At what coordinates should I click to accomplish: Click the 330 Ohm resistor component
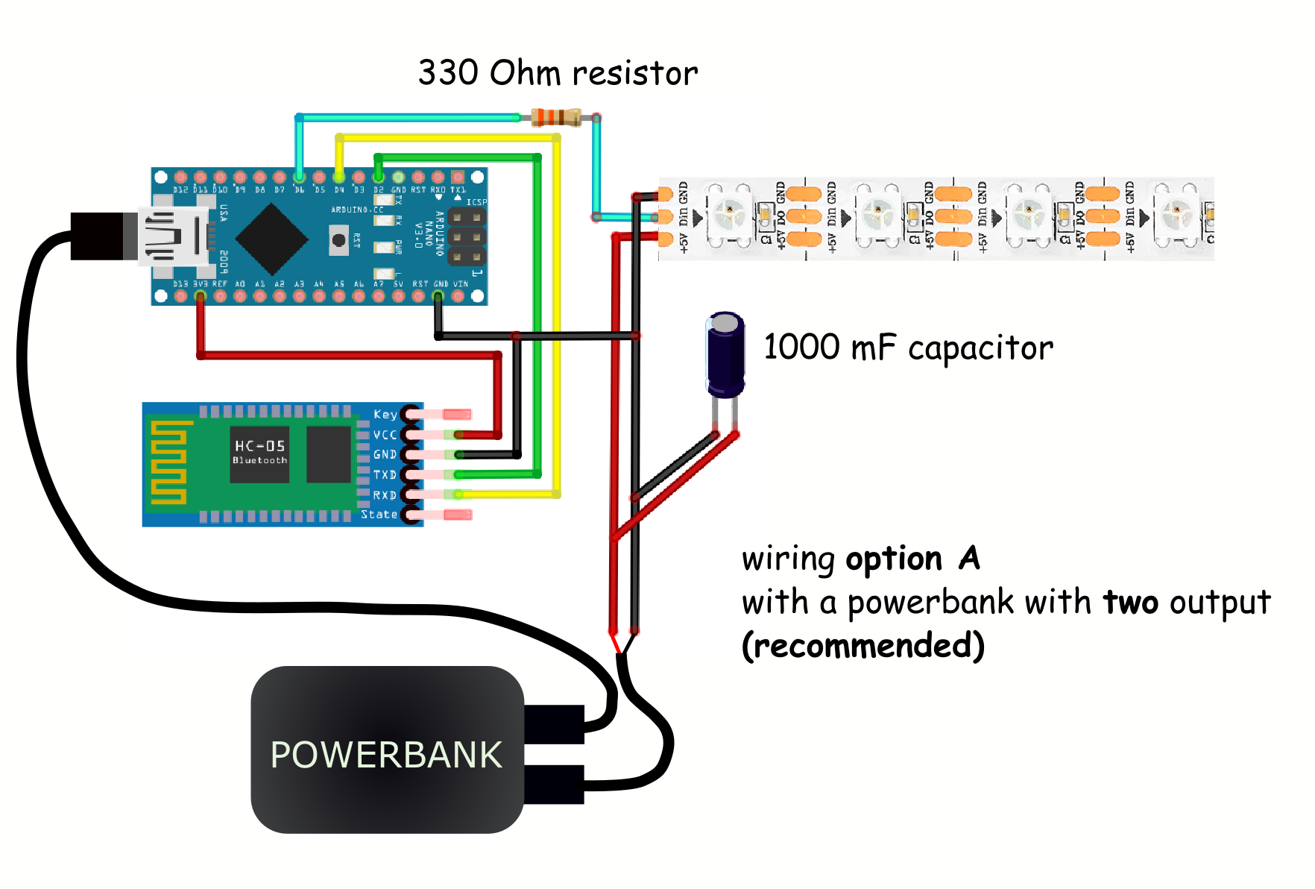pyautogui.click(x=556, y=117)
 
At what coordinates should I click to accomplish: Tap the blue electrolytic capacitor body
pyautogui.click(x=725, y=356)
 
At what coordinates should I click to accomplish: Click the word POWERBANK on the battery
pyautogui.click(x=386, y=755)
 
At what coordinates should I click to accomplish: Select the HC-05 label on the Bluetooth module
pyautogui.click(x=259, y=447)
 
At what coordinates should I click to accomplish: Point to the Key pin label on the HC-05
pyautogui.click(x=385, y=415)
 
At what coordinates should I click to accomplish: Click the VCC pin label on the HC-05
pyautogui.click(x=385, y=435)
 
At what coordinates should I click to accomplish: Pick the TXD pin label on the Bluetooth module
pyautogui.click(x=385, y=474)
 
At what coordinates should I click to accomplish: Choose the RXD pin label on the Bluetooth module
pyautogui.click(x=385, y=494)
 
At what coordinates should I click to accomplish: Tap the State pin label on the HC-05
pyautogui.click(x=379, y=515)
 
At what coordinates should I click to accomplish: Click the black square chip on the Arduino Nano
pyautogui.click(x=272, y=239)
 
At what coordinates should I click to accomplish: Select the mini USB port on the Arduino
pyautogui.click(x=174, y=236)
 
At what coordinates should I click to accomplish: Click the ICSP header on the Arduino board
pyautogui.click(x=467, y=237)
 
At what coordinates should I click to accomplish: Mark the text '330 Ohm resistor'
pyautogui.click(x=558, y=73)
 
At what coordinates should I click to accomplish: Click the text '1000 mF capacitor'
pyautogui.click(x=908, y=348)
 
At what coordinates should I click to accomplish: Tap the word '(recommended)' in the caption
pyautogui.click(x=863, y=646)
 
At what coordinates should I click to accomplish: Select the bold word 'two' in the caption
pyautogui.click(x=1130, y=603)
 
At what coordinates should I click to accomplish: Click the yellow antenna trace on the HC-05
pyautogui.click(x=168, y=462)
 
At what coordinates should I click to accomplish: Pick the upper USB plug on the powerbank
pyautogui.click(x=554, y=724)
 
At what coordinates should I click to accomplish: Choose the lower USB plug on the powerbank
pyautogui.click(x=554, y=785)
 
